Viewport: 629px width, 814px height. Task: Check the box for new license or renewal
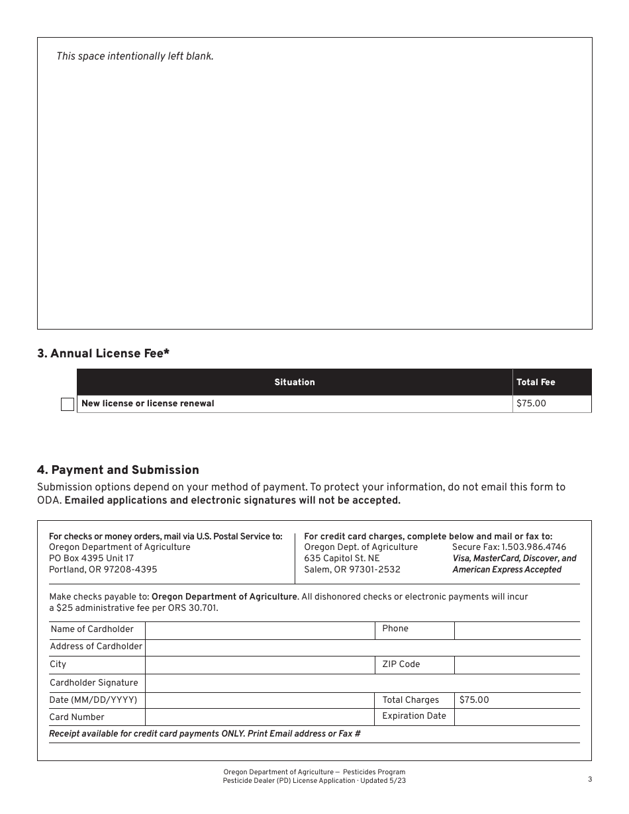click(x=68, y=404)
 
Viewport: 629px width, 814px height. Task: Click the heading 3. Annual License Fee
click(x=103, y=353)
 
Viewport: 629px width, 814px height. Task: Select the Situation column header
click(x=295, y=382)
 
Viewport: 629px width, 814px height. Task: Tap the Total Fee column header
click(x=536, y=382)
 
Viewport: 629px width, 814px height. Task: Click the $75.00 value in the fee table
click(x=531, y=403)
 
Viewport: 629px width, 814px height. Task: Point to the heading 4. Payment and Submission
click(x=118, y=470)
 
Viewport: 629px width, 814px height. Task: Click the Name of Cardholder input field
click(x=260, y=630)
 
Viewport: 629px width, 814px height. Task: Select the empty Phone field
click(x=516, y=630)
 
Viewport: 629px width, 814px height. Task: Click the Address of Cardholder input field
click(x=362, y=647)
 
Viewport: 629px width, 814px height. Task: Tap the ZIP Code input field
click(x=516, y=664)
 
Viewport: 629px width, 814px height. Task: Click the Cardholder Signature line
click(x=362, y=683)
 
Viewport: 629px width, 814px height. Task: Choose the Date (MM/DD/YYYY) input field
click(x=260, y=700)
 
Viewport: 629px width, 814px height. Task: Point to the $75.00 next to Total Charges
click(x=474, y=700)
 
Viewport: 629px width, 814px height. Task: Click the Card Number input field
click(x=260, y=717)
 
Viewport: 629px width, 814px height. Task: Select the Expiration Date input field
click(x=516, y=717)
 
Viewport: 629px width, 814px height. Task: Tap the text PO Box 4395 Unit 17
click(x=91, y=559)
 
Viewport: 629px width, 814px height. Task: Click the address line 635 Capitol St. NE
click(x=342, y=559)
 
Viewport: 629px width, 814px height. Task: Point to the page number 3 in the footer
click(x=589, y=780)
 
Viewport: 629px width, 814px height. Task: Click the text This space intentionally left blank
click(x=135, y=56)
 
